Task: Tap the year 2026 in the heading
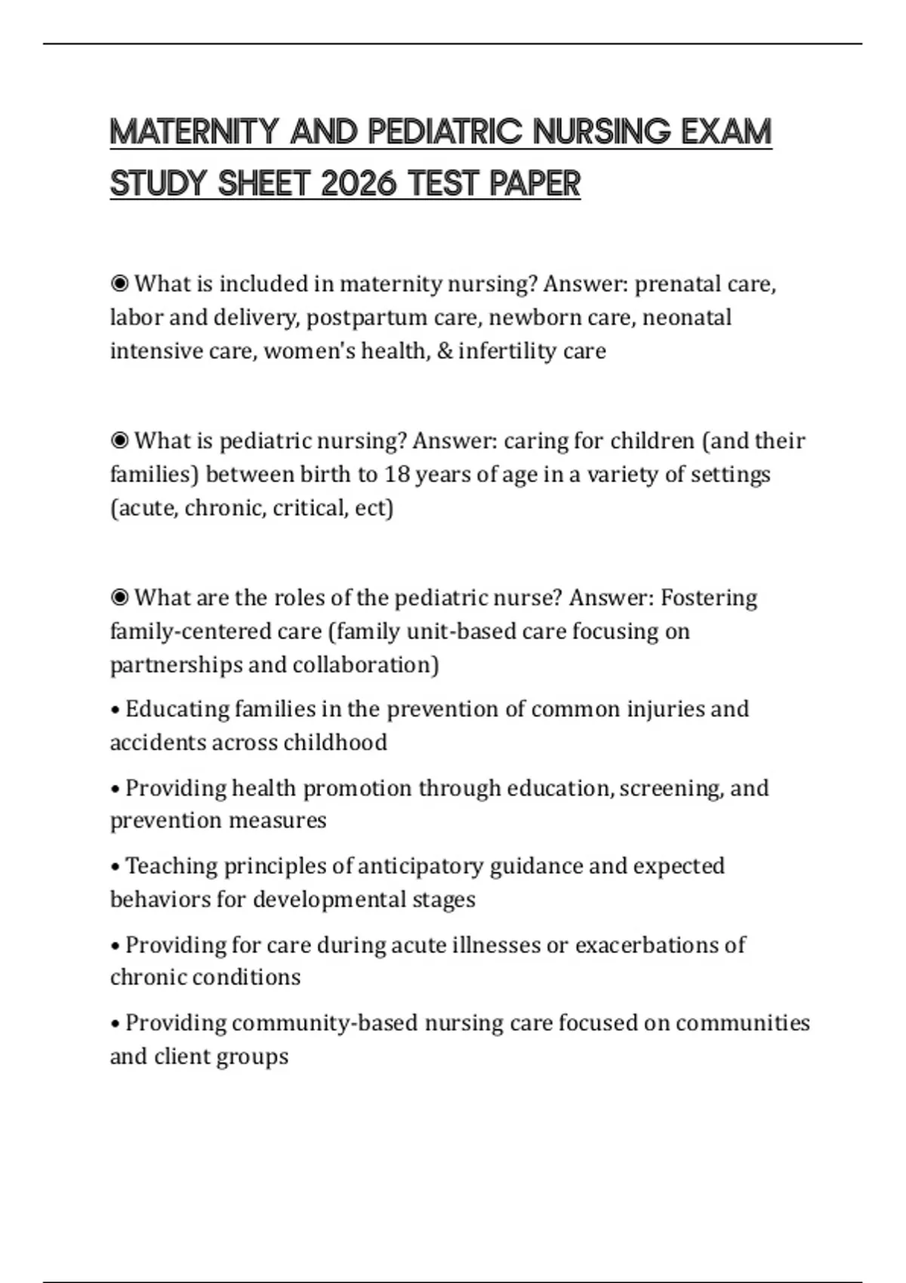pos(358,183)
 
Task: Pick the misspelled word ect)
pos(374,508)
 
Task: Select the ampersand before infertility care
pos(444,351)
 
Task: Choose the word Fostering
pos(708,598)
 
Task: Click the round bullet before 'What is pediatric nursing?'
pos(119,441)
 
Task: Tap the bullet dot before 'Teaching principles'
pos(116,867)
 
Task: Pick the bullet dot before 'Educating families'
pos(116,711)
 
